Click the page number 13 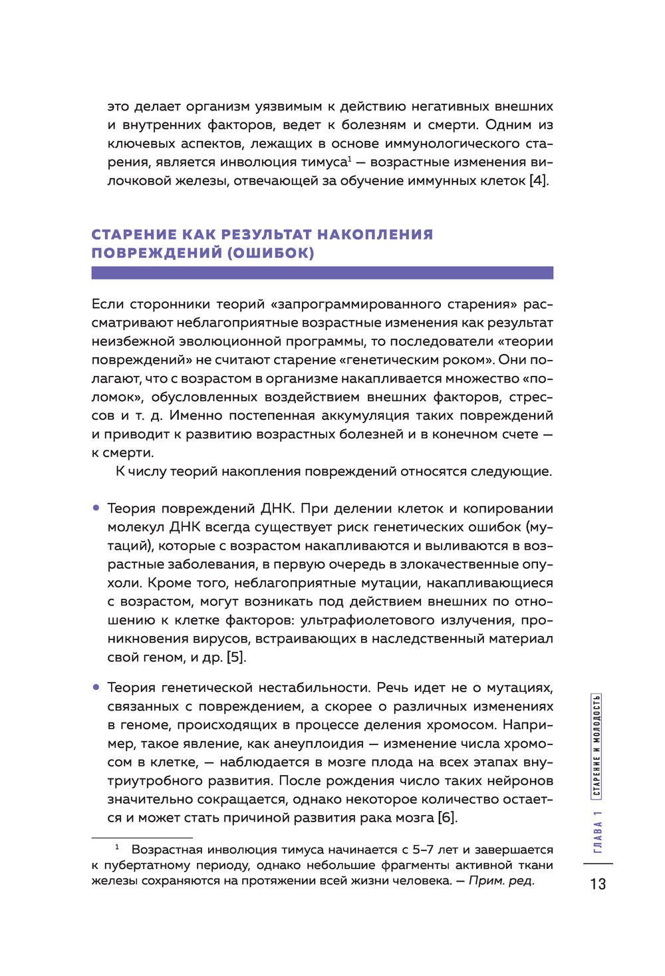coord(597,884)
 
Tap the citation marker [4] coord(539,181)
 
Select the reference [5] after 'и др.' coord(236,657)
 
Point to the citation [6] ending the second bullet coord(447,818)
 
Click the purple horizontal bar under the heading coord(322,273)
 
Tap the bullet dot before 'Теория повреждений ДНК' coord(96,508)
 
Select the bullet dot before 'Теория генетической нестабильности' coord(96,687)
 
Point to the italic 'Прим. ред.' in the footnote coord(501,881)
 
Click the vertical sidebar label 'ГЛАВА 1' coord(598,832)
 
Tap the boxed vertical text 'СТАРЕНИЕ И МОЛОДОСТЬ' coord(597,746)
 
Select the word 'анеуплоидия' coord(318,743)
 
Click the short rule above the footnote coord(142,838)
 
